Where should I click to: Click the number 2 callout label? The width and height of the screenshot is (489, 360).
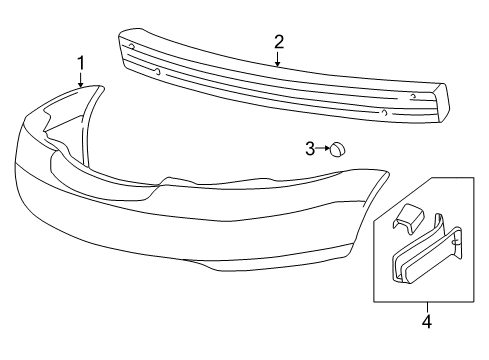(279, 41)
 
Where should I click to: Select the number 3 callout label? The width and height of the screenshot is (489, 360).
(310, 149)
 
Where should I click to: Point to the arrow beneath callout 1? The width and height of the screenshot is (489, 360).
(81, 81)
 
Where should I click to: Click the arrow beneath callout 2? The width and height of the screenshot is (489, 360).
(279, 58)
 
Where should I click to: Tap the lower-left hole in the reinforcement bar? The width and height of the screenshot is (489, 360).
(157, 71)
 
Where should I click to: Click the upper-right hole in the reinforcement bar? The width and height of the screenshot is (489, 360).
(412, 96)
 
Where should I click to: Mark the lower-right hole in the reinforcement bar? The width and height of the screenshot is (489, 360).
(384, 112)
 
